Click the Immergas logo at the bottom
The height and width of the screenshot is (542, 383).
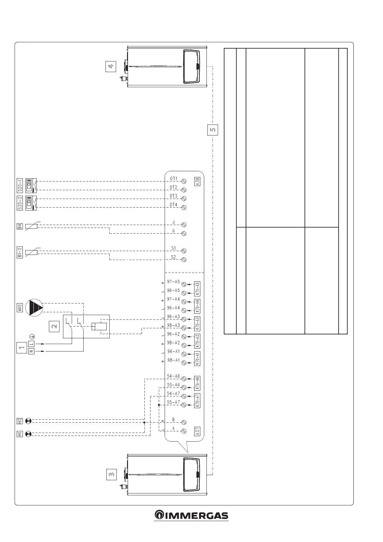coord(191,515)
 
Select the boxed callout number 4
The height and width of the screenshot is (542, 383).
coord(110,67)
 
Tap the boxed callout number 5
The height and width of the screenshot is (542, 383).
coord(213,130)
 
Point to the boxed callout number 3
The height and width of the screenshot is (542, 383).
coord(111,474)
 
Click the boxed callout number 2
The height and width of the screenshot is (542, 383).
coord(54,326)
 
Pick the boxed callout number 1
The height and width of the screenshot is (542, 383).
coord(21,348)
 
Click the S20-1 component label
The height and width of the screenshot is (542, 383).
coord(20,185)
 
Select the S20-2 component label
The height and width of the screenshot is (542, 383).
coord(20,203)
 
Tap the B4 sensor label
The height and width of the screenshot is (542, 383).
coord(20,226)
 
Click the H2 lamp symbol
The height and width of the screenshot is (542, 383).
coord(29,421)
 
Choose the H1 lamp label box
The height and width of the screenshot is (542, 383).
coord(20,434)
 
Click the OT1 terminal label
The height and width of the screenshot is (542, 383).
coord(173,178)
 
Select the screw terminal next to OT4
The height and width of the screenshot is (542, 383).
coord(184,207)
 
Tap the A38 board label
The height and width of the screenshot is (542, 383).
coord(197,182)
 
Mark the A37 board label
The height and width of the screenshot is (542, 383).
coord(197,431)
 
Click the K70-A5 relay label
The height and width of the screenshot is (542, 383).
coord(197,289)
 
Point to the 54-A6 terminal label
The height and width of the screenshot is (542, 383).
coord(173,376)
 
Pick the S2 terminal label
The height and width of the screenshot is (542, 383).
coord(173,257)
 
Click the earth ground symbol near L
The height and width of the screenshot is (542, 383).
coord(32,337)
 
